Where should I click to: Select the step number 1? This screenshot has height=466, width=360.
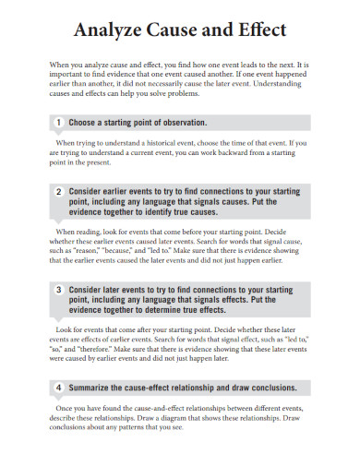click(x=59, y=122)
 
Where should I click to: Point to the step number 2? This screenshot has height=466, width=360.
click(x=59, y=191)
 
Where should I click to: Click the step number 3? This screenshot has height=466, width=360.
click(x=59, y=289)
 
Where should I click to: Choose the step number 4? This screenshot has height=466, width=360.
click(x=59, y=387)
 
